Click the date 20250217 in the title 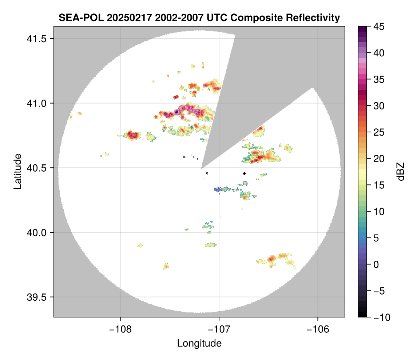[117, 17]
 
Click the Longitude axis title [199, 343]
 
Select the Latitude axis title [17, 171]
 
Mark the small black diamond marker [244, 173]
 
